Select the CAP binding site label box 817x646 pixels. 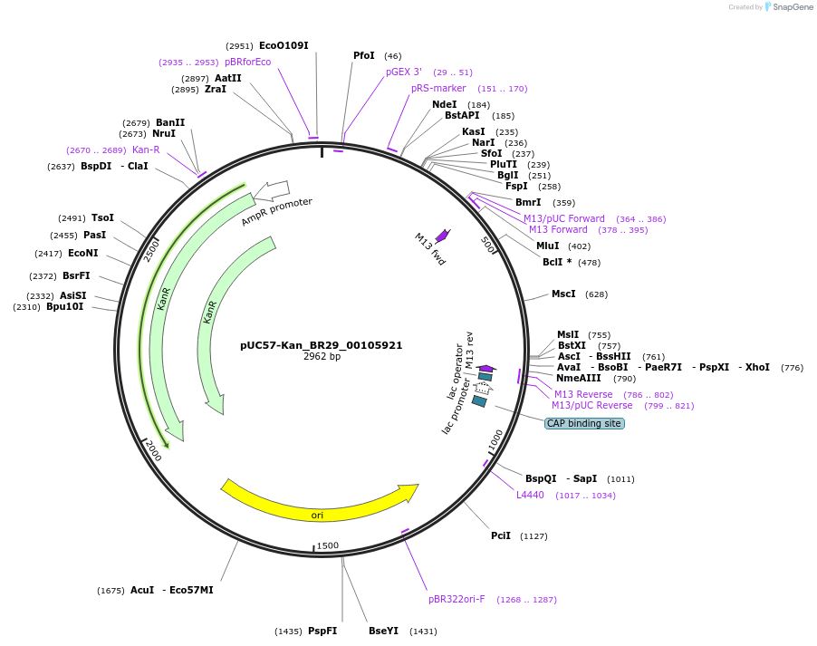coord(584,423)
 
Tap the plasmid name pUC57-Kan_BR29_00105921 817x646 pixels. coord(321,345)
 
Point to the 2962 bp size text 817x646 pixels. coord(322,357)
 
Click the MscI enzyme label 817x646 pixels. coord(563,294)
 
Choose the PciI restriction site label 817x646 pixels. coord(501,535)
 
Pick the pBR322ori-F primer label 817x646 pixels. coord(457,599)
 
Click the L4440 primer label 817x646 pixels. coord(530,495)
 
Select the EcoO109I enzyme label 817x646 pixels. coord(284,45)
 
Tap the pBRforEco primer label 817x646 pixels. coord(247,62)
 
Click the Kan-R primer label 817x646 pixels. coord(146,149)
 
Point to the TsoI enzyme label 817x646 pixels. coord(102,217)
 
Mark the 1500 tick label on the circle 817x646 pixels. coord(327,546)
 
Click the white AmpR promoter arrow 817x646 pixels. coord(272,191)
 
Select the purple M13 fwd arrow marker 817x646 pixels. coord(442,236)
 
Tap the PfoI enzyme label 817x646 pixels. coord(363,55)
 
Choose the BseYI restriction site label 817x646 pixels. coord(383,631)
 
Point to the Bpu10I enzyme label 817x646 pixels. coord(64,306)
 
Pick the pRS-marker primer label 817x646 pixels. coord(438,88)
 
